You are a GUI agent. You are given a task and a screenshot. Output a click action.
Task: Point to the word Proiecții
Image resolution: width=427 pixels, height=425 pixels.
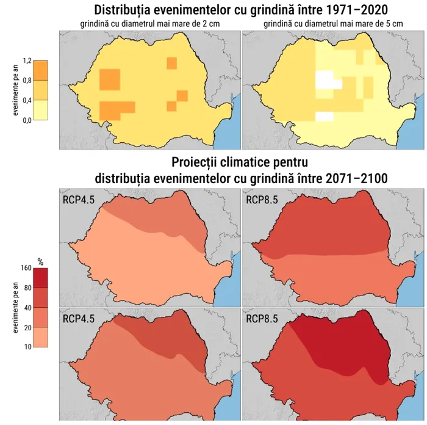coord(198,163)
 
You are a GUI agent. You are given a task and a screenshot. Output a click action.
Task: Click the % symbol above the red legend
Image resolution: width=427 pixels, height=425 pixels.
coord(41,261)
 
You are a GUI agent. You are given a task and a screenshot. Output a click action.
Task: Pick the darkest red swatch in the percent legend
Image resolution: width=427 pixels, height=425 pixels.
coord(40,278)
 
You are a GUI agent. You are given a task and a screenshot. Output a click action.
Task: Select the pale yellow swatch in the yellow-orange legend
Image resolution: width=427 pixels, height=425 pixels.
coord(40,110)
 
